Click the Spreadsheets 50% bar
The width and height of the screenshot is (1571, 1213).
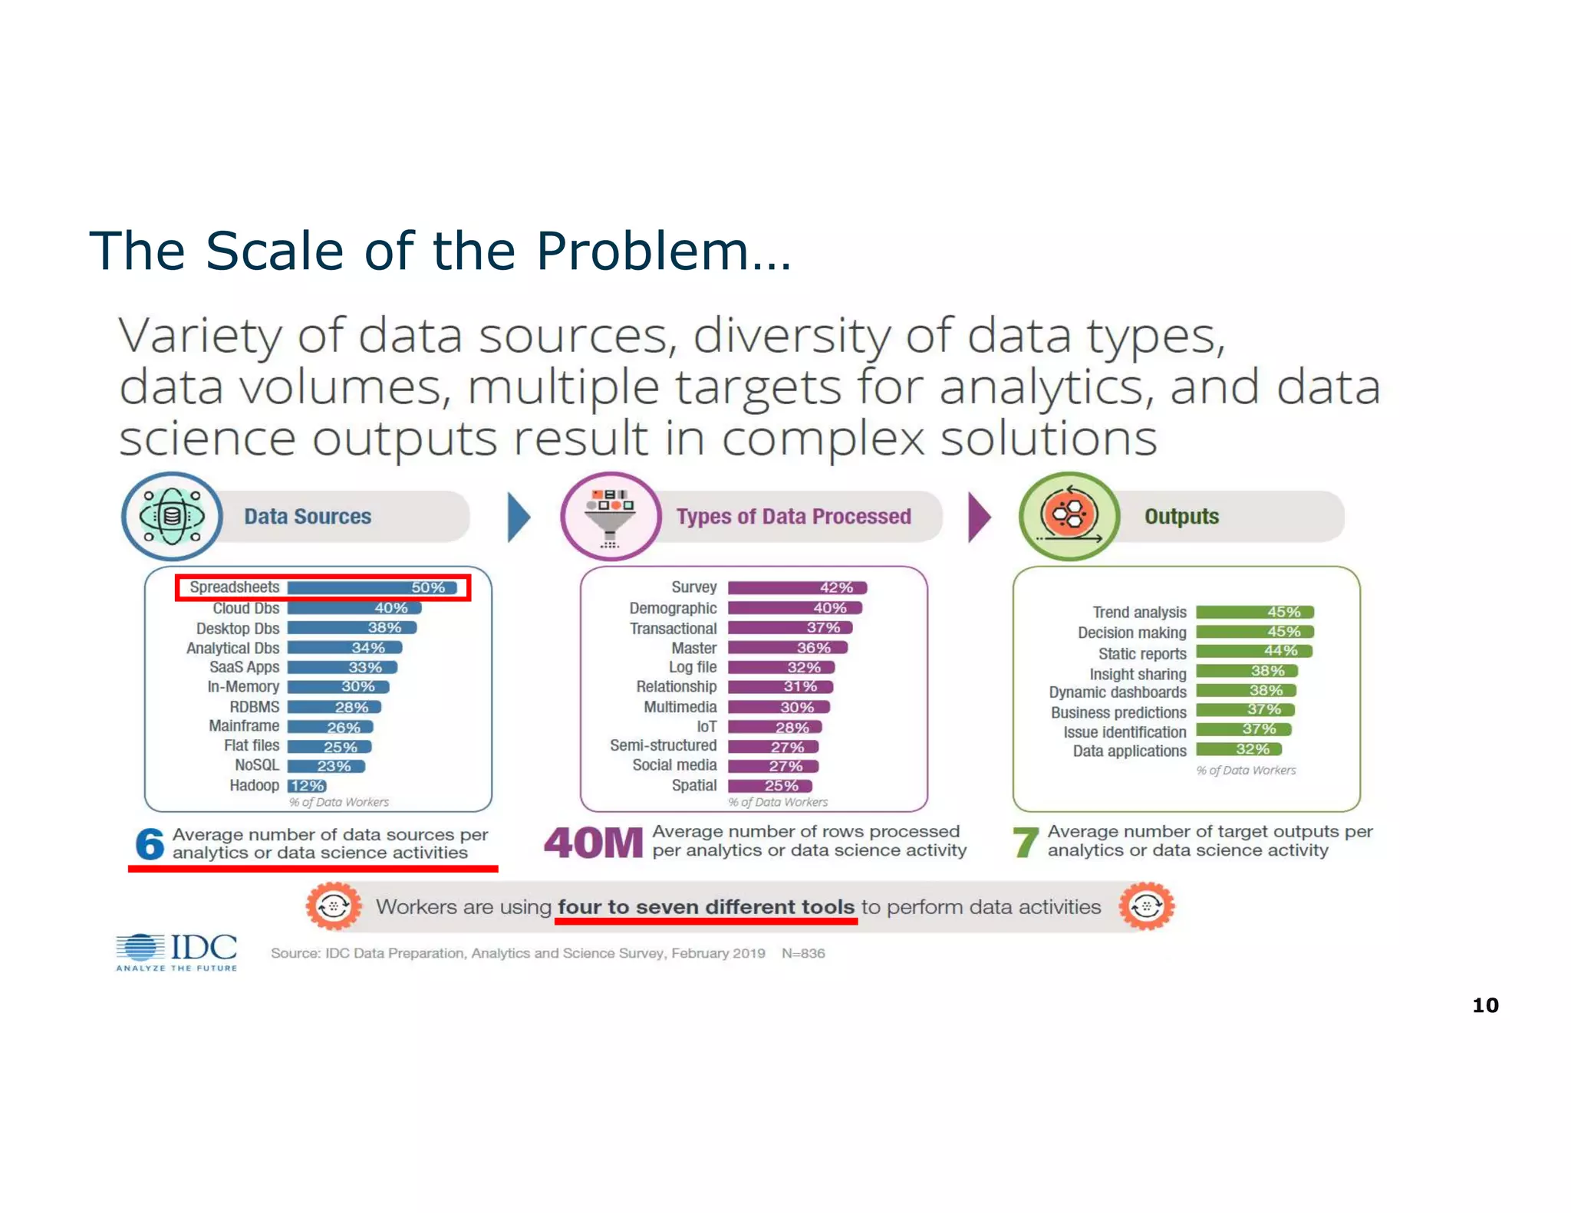(373, 588)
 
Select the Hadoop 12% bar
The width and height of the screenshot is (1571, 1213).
(307, 786)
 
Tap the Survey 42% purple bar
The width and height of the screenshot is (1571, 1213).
(797, 588)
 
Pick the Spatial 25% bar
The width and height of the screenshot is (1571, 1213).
(769, 786)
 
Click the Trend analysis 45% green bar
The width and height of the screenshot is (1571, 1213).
(1255, 612)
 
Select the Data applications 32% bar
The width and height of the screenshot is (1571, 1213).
(1238, 749)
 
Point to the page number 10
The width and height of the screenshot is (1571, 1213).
(1485, 1005)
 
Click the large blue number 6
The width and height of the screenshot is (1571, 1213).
(150, 844)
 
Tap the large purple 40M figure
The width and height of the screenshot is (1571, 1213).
(593, 843)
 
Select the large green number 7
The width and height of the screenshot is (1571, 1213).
(1026, 843)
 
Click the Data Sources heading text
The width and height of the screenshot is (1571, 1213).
(308, 517)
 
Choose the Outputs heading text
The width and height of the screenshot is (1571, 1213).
(1181, 517)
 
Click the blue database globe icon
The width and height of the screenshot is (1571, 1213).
(172, 517)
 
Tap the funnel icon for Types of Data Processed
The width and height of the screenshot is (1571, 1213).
(611, 517)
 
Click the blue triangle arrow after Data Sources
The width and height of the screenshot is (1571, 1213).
(518, 518)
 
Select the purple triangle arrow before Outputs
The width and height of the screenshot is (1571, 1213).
(978, 518)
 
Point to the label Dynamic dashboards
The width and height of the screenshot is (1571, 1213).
(1117, 692)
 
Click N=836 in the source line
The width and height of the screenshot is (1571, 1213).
(803, 953)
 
